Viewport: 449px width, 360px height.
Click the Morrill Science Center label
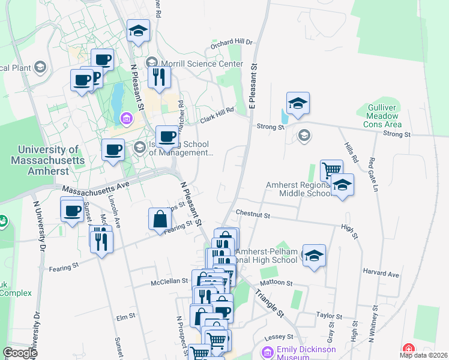point(200,64)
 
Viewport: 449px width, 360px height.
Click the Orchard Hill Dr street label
point(232,44)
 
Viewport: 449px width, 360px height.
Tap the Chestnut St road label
point(253,213)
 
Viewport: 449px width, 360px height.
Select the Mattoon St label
point(276,282)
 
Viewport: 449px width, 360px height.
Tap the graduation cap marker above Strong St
point(298,104)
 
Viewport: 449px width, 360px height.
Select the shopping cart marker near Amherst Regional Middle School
point(331,170)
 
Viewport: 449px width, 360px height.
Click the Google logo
point(20,353)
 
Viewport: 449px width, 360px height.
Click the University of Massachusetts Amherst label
point(49,160)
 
